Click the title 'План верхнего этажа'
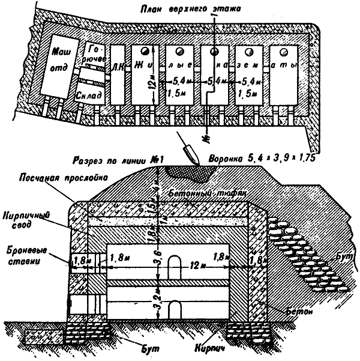pos(197,8)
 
